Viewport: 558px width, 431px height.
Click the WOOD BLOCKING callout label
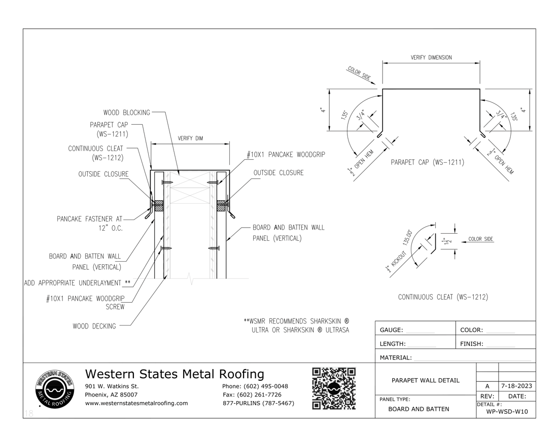(x=126, y=113)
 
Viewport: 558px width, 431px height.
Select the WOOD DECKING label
(x=94, y=326)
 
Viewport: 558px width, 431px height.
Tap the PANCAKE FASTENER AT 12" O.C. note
(x=90, y=224)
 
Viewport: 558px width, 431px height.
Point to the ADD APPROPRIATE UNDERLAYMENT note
(x=78, y=282)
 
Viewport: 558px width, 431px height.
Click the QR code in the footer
(x=333, y=388)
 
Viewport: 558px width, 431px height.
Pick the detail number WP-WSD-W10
(x=507, y=411)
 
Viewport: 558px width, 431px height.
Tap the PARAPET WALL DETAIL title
(x=426, y=380)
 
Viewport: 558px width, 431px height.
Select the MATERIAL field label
(x=396, y=357)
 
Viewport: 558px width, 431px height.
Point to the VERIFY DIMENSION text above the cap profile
(x=431, y=58)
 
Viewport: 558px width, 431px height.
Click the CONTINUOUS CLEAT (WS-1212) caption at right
(x=443, y=297)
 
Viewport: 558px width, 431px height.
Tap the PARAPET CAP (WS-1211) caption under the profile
(x=427, y=163)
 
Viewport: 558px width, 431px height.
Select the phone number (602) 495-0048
(x=255, y=386)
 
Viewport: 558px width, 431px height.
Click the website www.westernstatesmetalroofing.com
(x=136, y=403)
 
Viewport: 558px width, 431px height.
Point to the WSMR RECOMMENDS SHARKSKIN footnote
(x=297, y=326)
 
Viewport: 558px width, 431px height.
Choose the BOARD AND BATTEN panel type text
(x=419, y=409)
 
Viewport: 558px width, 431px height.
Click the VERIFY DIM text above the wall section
(x=191, y=138)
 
